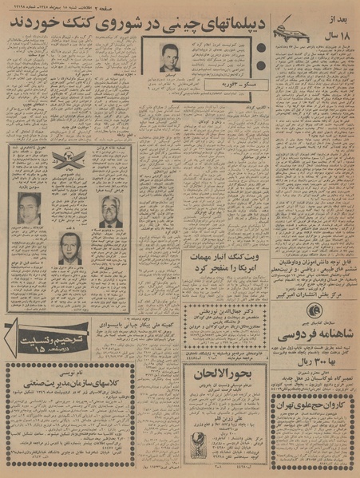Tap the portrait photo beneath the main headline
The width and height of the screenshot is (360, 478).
click(168, 58)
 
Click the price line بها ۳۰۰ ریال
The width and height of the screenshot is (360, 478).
click(316, 358)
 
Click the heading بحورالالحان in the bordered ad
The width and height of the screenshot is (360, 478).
click(221, 376)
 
